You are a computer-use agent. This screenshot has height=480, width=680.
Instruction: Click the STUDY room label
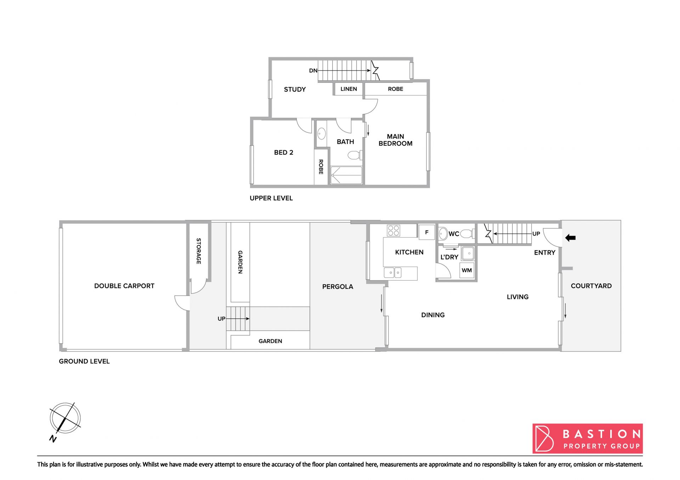pos(295,89)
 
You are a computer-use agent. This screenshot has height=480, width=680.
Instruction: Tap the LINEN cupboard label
pos(348,89)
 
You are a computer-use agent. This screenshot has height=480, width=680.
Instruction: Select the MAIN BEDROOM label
pos(395,140)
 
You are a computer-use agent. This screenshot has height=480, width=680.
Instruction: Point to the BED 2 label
pos(283,152)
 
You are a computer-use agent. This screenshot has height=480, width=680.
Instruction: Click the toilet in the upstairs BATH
pos(355,155)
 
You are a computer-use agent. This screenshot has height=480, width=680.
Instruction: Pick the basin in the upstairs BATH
pos(321,134)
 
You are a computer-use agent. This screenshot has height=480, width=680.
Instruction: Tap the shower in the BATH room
pos(346,175)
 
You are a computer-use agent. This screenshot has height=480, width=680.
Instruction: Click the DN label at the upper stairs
pos(313,71)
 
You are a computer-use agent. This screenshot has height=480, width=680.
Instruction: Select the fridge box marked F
pos(426,232)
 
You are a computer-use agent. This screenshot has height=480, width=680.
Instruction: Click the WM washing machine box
pos(467,271)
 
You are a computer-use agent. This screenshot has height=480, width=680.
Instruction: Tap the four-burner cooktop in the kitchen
pos(393,231)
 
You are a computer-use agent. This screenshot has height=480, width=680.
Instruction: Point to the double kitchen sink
pos(393,273)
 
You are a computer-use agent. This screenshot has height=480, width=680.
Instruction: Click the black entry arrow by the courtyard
pos(570,238)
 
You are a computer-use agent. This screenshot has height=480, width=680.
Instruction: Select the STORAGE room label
pos(199,251)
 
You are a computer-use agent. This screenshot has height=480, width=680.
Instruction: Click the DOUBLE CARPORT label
pos(124,286)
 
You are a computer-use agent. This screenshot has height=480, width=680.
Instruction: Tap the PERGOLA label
pos(338,287)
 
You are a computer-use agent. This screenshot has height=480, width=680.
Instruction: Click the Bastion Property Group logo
pos(588,439)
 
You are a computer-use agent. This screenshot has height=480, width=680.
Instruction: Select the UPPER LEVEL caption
pos(271,198)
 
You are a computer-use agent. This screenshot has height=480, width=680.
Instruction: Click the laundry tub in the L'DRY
pos(468,253)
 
